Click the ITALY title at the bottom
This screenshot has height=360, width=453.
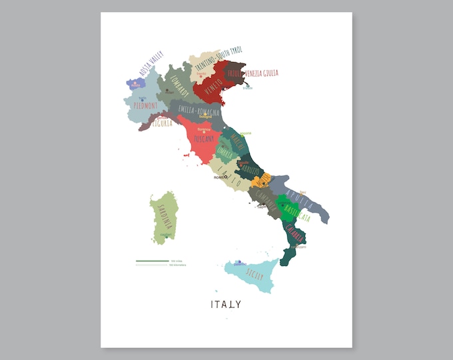tap(226, 305)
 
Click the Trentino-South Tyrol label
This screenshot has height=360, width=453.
tap(219, 56)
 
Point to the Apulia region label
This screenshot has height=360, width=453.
tap(298, 195)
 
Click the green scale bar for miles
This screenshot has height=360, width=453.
tap(152, 261)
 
